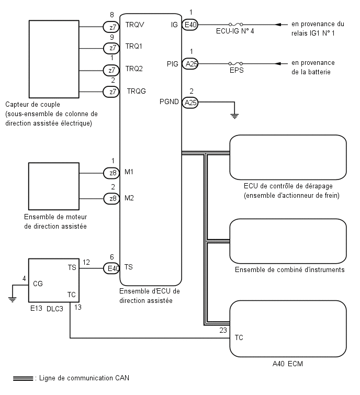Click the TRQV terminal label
click(x=135, y=25)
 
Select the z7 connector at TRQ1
click(x=111, y=48)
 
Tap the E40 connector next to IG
click(x=190, y=25)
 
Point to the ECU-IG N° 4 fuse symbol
click(x=236, y=25)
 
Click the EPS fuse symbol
click(x=236, y=63)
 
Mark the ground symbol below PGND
click(x=234, y=116)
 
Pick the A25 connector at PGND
click(x=190, y=103)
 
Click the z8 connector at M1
click(x=111, y=173)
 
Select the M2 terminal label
click(x=129, y=198)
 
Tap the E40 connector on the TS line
click(x=111, y=268)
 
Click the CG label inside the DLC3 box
click(x=38, y=284)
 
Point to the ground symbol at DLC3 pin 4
click(x=12, y=300)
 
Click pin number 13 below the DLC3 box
click(x=78, y=307)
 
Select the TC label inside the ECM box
click(x=239, y=337)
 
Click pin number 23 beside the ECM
click(x=223, y=330)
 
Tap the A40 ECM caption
click(x=288, y=364)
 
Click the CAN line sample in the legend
click(x=23, y=378)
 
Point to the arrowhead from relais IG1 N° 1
click(x=278, y=25)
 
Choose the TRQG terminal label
click(x=136, y=91)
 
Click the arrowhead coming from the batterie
click(x=278, y=63)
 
